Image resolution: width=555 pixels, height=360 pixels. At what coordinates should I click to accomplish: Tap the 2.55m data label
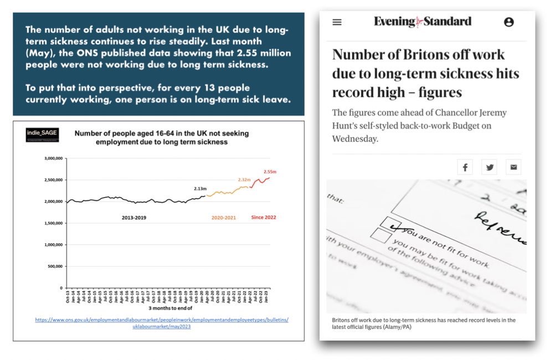[x=270, y=172]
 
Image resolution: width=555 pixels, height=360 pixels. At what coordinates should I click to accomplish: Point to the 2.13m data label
[x=200, y=189]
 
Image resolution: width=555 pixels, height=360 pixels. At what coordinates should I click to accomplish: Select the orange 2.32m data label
[x=244, y=180]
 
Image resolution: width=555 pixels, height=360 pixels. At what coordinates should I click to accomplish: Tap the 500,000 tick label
[x=55, y=266]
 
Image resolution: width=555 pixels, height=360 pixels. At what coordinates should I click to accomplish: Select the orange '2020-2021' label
[x=224, y=218]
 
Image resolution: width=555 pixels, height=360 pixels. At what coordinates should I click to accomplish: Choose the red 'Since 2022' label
[x=263, y=218]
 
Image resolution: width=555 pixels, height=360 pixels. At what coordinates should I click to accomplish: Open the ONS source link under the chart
[x=161, y=323]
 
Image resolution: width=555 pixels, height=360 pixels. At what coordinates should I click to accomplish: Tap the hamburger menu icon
[x=337, y=22]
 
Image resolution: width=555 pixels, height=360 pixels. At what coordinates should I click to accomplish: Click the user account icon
[x=508, y=22]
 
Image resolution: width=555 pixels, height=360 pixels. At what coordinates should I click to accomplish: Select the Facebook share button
[x=465, y=167]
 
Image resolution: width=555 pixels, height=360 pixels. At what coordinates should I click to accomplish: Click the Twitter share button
[x=489, y=167]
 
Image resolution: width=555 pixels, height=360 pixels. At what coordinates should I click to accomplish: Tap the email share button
[x=513, y=167]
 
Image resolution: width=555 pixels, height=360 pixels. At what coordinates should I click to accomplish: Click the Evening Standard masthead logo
[x=423, y=22]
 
